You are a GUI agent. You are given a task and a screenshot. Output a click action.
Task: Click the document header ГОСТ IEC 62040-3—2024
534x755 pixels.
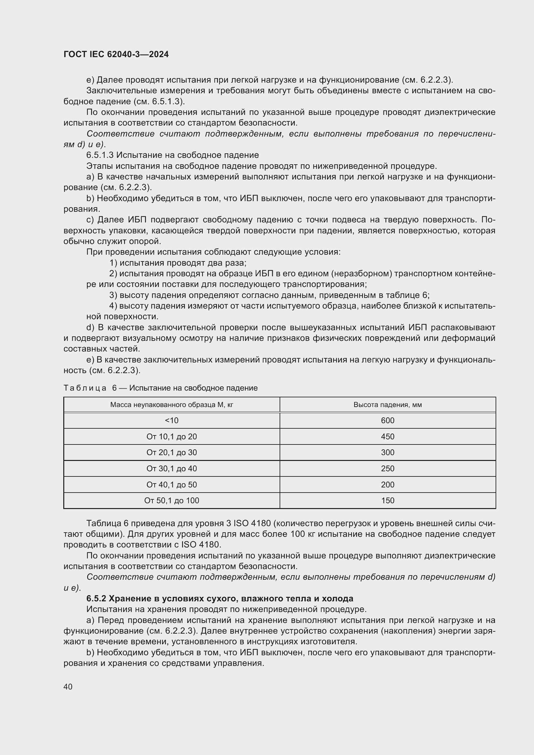[116, 55]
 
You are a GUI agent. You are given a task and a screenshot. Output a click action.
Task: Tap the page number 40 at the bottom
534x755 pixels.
[68, 687]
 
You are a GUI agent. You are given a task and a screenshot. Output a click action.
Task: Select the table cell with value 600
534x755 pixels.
[388, 421]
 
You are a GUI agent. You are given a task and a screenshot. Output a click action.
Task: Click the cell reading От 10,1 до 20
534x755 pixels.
[172, 437]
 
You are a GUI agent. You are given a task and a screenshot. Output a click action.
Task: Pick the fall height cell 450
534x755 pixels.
[388, 437]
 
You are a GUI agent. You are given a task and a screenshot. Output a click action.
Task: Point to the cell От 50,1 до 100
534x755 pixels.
[172, 501]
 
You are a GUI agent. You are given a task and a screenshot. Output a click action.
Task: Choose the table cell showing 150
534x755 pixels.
[388, 501]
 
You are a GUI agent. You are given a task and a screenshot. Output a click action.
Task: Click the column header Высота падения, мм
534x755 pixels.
[388, 405]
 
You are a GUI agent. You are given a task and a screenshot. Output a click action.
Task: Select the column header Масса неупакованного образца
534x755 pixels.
[172, 405]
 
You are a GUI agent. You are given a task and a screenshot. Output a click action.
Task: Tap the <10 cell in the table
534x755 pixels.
[172, 421]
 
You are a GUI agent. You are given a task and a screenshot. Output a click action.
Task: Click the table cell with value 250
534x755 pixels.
[388, 469]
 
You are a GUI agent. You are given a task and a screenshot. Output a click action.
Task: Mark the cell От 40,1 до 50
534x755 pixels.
[172, 485]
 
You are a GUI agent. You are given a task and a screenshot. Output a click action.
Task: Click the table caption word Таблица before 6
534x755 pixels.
[85, 388]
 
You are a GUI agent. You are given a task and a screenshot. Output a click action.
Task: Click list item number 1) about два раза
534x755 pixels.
[113, 263]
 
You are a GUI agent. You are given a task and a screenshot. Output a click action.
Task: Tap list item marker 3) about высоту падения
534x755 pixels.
[113, 295]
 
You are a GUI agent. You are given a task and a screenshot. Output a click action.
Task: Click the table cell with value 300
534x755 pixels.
[388, 453]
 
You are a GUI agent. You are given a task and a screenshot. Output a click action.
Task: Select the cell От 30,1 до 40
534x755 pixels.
[172, 469]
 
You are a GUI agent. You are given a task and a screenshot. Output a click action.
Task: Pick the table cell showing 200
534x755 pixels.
[388, 485]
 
